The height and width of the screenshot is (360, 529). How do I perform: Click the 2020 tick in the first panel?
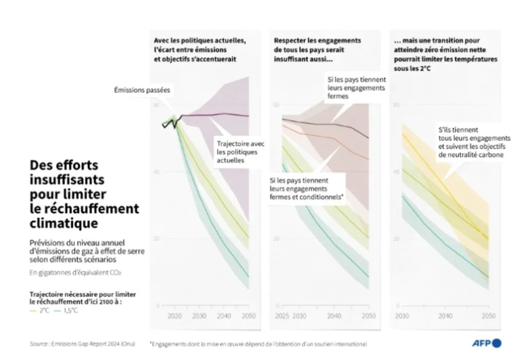point(175,316)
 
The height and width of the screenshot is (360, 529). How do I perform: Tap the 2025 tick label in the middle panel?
point(282,316)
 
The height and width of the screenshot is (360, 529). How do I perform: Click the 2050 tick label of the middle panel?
point(368,316)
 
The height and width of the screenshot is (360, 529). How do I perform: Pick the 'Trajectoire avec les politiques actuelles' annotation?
point(237,152)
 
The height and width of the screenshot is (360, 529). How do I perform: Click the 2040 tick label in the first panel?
point(224,316)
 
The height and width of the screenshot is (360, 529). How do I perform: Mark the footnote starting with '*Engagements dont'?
point(258,343)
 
